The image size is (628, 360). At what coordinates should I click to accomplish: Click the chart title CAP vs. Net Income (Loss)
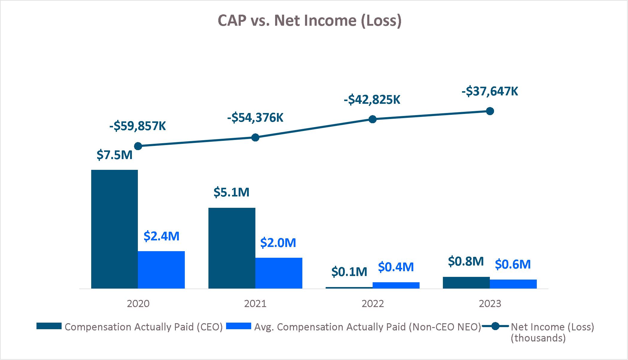pyautogui.click(x=309, y=21)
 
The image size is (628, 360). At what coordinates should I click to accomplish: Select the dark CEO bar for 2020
pyautogui.click(x=115, y=229)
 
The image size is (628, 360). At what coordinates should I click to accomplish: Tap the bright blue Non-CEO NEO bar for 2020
pyautogui.click(x=161, y=270)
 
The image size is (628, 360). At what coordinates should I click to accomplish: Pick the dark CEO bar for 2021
pyautogui.click(x=232, y=248)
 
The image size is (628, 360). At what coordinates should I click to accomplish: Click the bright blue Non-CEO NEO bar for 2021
pyautogui.click(x=279, y=273)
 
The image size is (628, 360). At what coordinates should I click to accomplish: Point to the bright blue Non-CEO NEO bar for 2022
pyautogui.click(x=396, y=285)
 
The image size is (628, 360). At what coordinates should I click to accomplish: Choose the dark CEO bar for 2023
pyautogui.click(x=466, y=283)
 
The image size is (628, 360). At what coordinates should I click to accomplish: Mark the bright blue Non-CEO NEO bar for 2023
pyautogui.click(x=513, y=284)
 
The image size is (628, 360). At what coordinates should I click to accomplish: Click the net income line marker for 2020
pyautogui.click(x=138, y=146)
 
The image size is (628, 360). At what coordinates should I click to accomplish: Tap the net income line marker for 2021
pyautogui.click(x=255, y=138)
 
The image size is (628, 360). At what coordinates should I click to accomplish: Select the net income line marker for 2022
pyautogui.click(x=372, y=119)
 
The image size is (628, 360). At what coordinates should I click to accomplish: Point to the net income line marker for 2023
pyautogui.click(x=490, y=111)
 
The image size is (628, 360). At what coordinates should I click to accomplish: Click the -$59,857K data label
pyautogui.click(x=138, y=126)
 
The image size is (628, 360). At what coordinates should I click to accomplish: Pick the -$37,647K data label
pyautogui.click(x=490, y=91)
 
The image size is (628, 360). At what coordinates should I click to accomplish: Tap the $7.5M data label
pyautogui.click(x=115, y=155)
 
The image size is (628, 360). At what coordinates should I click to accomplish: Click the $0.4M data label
pyautogui.click(x=396, y=267)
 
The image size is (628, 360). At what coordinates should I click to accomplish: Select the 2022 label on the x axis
pyautogui.click(x=373, y=304)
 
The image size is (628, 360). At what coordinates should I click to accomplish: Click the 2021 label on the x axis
pyautogui.click(x=255, y=304)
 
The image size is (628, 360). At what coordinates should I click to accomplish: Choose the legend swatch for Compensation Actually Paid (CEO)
pyautogui.click(x=49, y=326)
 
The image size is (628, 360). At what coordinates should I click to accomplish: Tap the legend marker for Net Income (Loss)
pyautogui.click(x=495, y=326)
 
